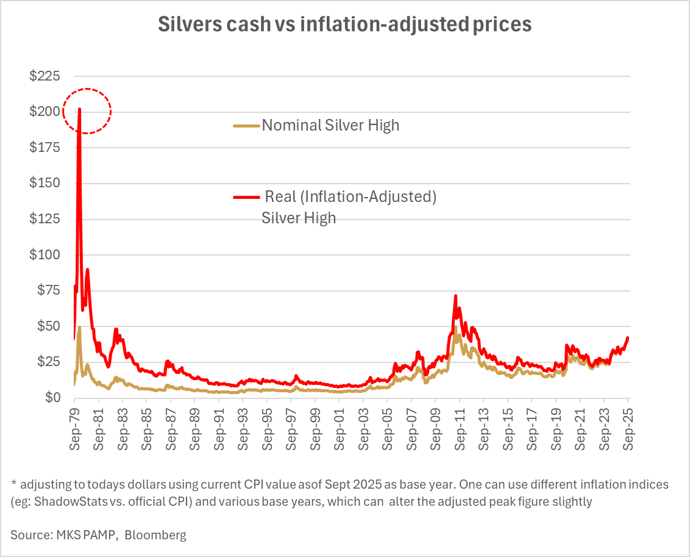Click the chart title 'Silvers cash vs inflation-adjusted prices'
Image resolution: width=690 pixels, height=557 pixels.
[x=345, y=24]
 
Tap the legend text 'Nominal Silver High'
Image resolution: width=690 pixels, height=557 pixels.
[x=330, y=126]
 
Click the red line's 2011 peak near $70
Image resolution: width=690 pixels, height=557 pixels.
[x=455, y=296]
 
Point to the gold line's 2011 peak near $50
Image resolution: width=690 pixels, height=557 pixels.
[x=455, y=328]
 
